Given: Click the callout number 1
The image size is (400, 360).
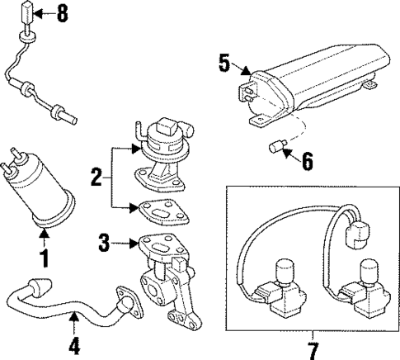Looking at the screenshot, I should (45, 258).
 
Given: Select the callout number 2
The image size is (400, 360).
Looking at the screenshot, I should (96, 177).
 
